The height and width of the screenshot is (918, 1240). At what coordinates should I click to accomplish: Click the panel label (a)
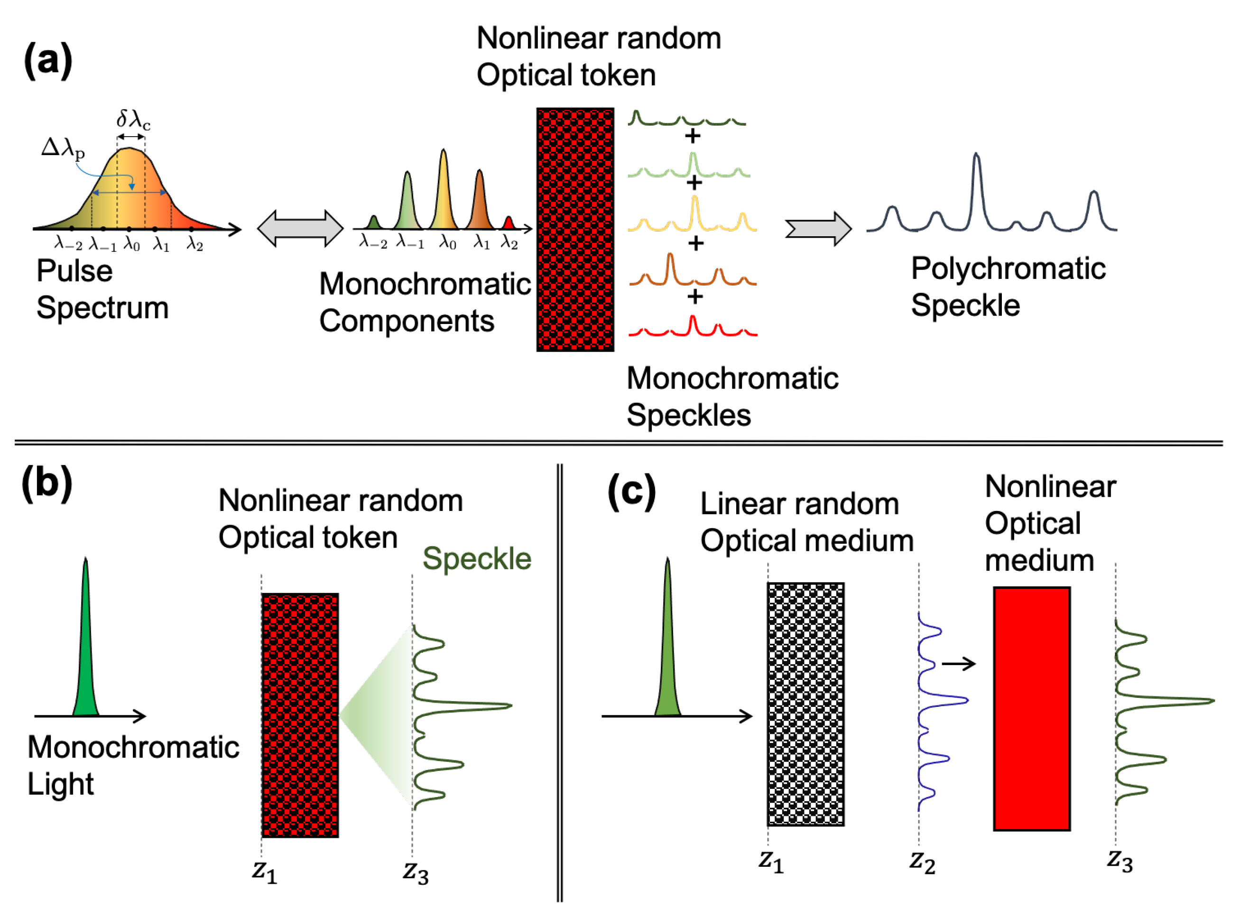48,60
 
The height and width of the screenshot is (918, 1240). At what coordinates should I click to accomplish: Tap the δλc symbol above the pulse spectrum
133,119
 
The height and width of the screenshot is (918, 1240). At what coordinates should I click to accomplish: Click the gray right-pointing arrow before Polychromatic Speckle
818,228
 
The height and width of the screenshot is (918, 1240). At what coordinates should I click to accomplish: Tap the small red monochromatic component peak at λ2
509,223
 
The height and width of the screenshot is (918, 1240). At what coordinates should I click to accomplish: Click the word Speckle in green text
477,558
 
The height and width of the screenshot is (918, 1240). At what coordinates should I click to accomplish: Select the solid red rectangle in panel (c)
1032,708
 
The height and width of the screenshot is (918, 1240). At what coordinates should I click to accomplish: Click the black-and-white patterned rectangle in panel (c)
805,704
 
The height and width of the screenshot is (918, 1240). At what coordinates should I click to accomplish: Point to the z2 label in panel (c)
922,862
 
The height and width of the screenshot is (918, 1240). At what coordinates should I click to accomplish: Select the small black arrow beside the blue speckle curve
959,664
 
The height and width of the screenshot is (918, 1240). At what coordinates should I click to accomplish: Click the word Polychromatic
1009,269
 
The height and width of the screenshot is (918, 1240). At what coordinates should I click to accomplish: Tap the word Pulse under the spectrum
74,271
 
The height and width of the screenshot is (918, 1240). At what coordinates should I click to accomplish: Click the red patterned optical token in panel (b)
300,715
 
